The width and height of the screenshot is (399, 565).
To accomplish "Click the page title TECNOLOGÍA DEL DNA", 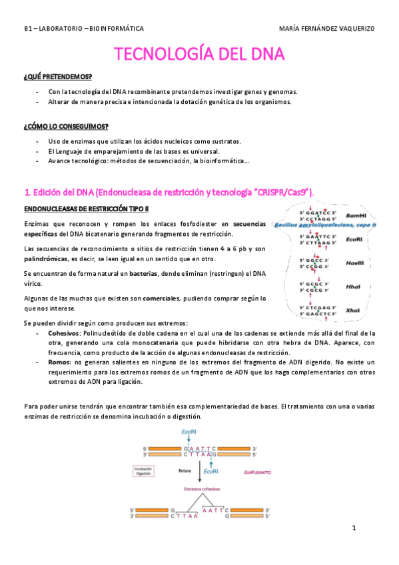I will coord(200,53).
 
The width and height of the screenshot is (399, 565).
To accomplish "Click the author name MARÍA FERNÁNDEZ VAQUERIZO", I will coord(328,29).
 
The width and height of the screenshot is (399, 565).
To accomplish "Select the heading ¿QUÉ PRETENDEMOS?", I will coord(57,77).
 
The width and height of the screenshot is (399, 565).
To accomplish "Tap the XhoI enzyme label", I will coord(354,310).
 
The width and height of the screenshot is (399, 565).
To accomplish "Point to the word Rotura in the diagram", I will coord(186,469).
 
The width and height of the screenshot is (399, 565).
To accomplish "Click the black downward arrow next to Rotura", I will coord(200,470).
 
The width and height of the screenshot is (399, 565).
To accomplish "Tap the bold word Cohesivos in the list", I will coord(65,332).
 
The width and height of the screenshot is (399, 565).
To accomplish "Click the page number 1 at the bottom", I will coord(355,528).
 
